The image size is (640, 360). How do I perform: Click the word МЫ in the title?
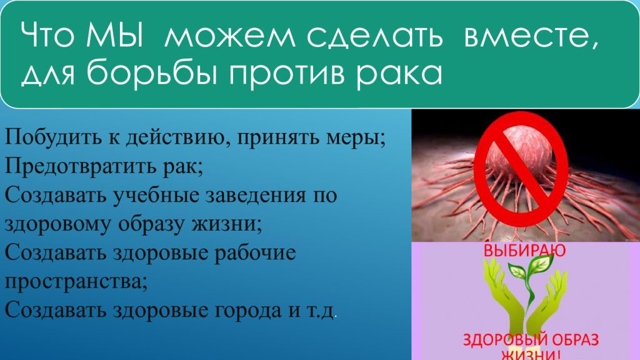(x=115, y=35)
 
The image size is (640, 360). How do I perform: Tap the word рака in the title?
(x=399, y=75)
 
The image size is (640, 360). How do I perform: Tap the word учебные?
(x=156, y=195)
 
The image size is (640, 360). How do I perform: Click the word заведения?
(x=255, y=196)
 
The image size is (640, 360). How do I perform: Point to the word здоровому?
(x=57, y=225)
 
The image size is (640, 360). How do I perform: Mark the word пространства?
(x=76, y=282)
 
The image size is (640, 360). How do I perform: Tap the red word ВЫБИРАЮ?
(x=524, y=250)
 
